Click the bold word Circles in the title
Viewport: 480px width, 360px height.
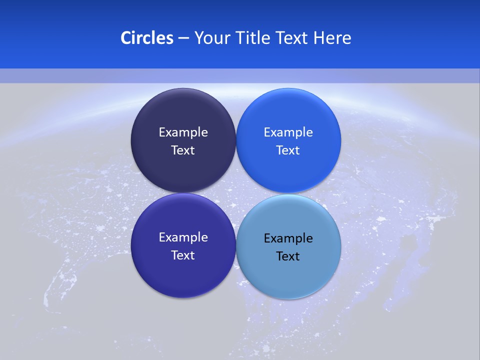[146, 38]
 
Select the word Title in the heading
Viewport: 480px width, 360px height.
[255, 38]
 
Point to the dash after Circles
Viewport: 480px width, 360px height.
[183, 38]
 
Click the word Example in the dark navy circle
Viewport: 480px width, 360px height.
[183, 132]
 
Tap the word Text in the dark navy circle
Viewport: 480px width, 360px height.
[183, 150]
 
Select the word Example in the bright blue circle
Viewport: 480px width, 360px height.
[288, 132]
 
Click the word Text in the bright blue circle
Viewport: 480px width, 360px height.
[288, 150]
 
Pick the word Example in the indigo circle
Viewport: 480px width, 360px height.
[183, 237]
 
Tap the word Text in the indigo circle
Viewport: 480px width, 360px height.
[183, 255]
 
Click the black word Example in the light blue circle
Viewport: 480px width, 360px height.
[288, 238]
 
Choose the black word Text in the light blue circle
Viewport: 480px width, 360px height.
[288, 256]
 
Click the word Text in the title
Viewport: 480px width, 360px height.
[292, 38]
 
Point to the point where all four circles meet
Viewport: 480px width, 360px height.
[236, 193]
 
